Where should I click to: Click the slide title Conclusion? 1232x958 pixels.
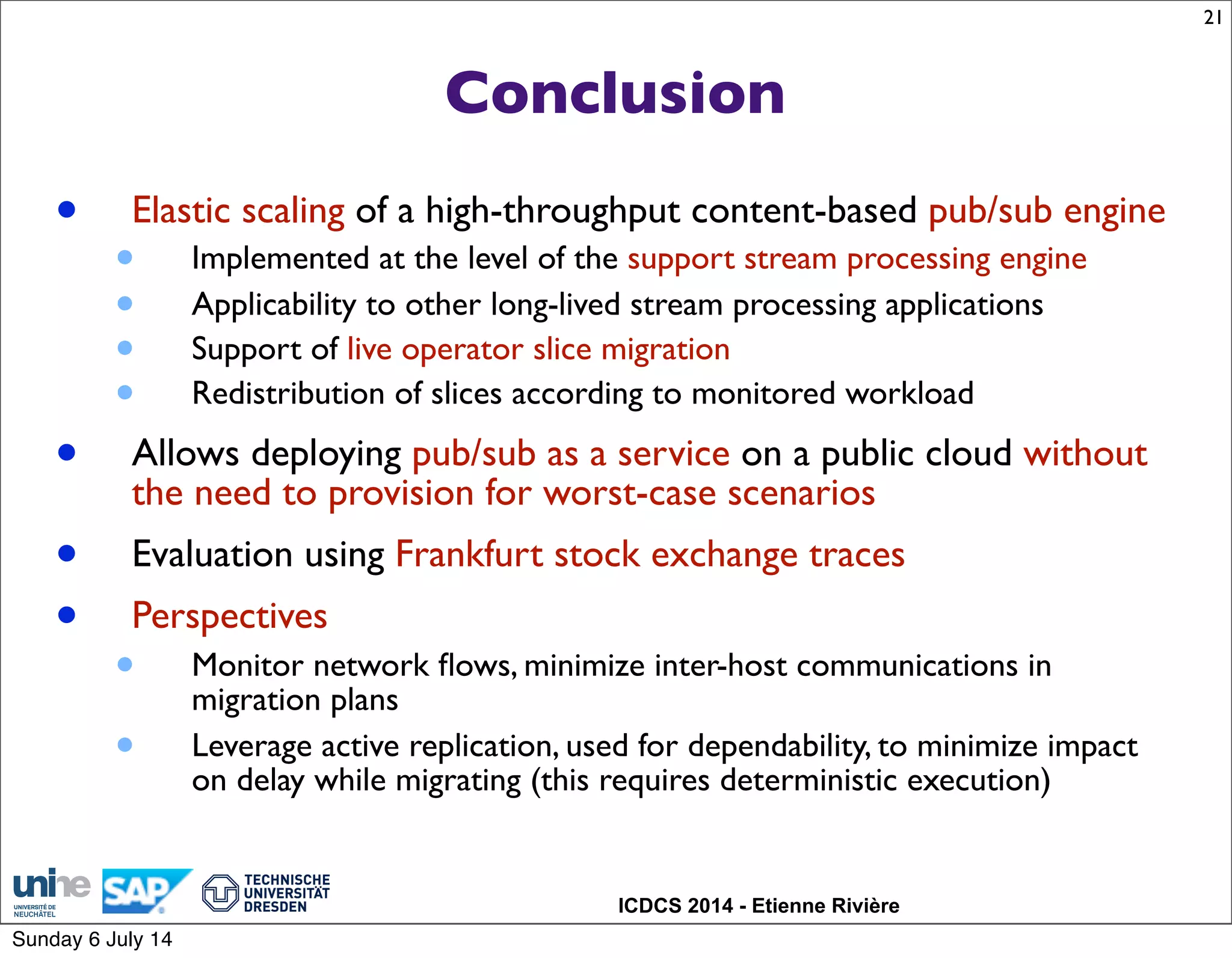tap(615, 93)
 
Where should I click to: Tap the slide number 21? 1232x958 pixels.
tap(1212, 18)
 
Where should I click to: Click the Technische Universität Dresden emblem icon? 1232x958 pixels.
tap(220, 893)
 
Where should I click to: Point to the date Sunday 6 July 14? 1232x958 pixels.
tap(92, 939)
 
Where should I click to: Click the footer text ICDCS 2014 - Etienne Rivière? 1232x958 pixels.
tap(758, 906)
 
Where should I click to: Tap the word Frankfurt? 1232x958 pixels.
tap(469, 554)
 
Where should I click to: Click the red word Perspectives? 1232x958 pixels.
tap(229, 616)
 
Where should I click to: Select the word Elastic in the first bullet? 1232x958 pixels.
tap(181, 210)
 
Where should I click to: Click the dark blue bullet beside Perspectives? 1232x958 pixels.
tap(67, 615)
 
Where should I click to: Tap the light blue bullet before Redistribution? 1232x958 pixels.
tap(125, 393)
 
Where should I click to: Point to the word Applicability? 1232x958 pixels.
tap(274, 305)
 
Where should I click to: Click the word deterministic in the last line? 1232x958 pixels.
tap(808, 781)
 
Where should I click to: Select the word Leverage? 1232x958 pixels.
tap(251, 747)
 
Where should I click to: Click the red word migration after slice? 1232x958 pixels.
tap(665, 349)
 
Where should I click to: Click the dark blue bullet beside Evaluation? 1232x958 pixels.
tap(67, 553)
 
